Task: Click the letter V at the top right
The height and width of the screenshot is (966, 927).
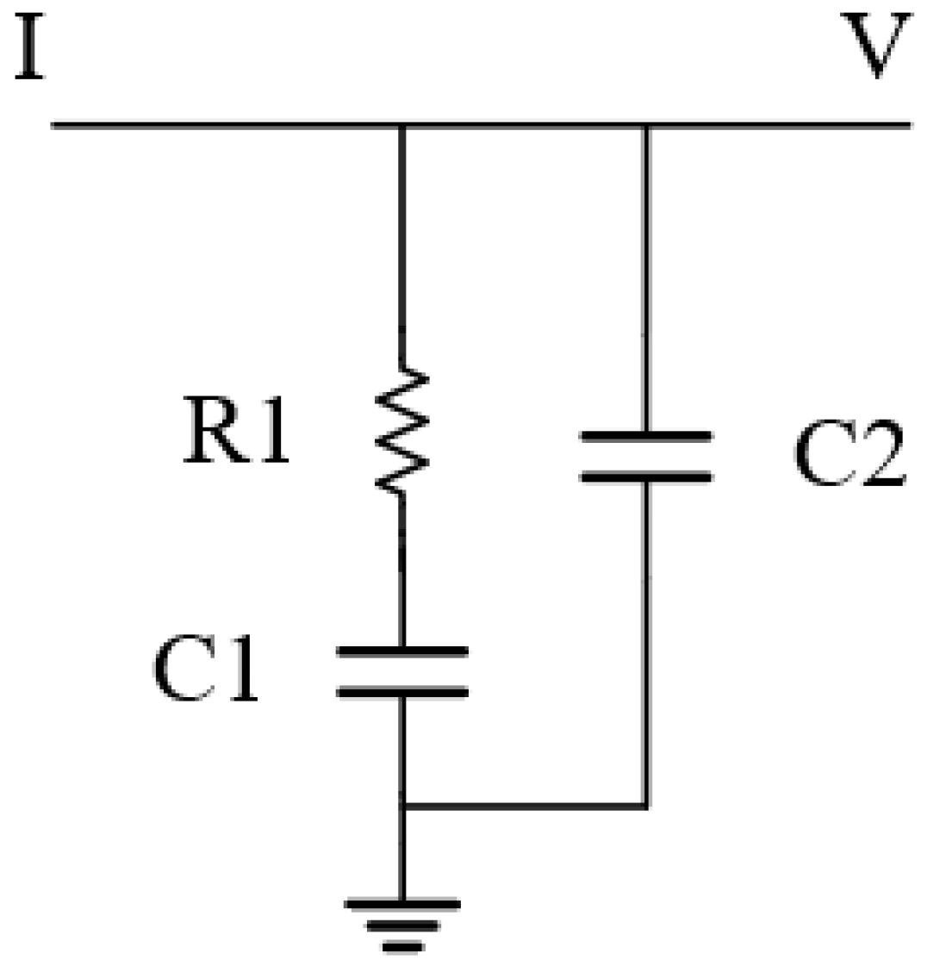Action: coord(875,47)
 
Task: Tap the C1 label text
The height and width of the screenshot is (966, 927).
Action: coord(206,670)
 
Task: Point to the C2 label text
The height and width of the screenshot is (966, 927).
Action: coord(849,457)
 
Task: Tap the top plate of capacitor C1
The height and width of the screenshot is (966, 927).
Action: coord(401,651)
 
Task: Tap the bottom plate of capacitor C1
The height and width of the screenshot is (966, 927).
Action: coord(401,691)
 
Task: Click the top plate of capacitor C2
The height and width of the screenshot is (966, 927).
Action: coord(646,437)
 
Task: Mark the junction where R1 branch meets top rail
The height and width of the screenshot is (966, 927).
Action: coord(401,126)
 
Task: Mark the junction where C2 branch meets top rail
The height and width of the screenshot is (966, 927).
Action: coord(646,126)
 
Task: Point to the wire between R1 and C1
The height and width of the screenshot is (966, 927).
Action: coord(401,569)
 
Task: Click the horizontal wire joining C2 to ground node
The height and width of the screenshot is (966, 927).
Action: coord(526,807)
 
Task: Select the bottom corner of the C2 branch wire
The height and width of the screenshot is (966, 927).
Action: coord(646,807)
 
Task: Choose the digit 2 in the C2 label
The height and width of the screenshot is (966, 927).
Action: coord(879,457)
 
